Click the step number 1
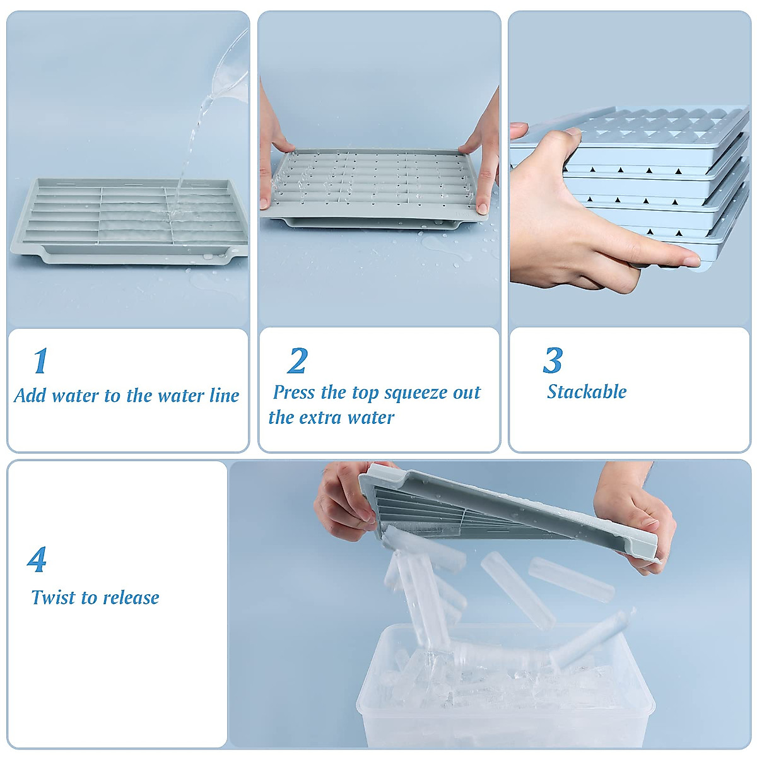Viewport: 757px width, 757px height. (x=40, y=361)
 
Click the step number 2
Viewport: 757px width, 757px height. (x=297, y=361)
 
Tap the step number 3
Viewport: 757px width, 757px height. (x=553, y=361)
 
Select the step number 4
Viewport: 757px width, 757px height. (x=37, y=560)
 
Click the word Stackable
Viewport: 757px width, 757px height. (x=586, y=392)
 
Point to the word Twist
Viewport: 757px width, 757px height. (x=52, y=597)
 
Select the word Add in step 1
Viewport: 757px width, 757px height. (x=30, y=396)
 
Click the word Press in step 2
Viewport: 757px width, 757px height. (x=293, y=392)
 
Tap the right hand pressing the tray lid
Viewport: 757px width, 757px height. (x=483, y=158)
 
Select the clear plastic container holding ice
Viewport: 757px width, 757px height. (x=505, y=694)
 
